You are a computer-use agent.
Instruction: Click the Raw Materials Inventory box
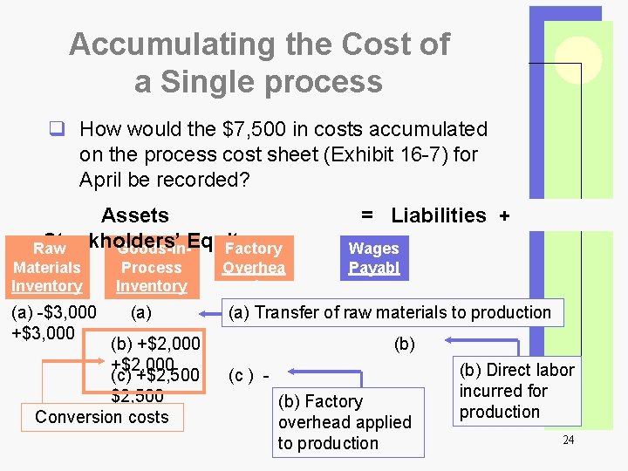pyautogui.click(x=47, y=268)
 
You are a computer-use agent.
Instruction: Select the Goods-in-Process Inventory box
pyautogui.click(x=152, y=268)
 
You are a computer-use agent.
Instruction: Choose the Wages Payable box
pyautogui.click(x=373, y=257)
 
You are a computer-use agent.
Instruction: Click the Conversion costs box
pyautogui.click(x=102, y=417)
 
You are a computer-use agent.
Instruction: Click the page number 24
pyautogui.click(x=568, y=440)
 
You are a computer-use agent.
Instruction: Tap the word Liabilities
pyautogui.click(x=439, y=215)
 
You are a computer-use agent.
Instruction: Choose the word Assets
pyautogui.click(x=135, y=215)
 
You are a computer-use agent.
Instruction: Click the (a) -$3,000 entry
pyautogui.click(x=51, y=312)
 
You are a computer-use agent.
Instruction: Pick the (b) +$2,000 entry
pyautogui.click(x=145, y=344)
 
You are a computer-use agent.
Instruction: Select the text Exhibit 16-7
pyautogui.click(x=359, y=154)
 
